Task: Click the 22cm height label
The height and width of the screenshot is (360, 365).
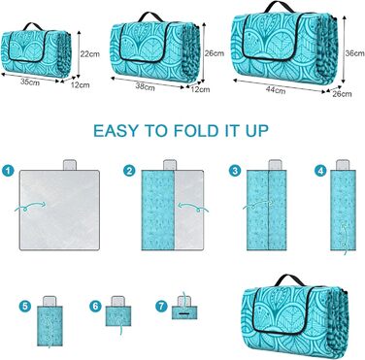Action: coord(90,54)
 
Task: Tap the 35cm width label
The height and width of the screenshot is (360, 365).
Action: coord(30,82)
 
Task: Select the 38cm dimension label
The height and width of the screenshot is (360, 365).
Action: coord(145,86)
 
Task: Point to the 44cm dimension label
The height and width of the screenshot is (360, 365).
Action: coord(276,90)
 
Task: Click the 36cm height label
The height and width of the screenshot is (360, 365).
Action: coord(354,53)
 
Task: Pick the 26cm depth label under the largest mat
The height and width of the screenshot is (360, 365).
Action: coord(342,94)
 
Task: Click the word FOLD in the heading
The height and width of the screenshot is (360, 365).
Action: coord(195,131)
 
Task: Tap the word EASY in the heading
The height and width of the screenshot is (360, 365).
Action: coord(116,131)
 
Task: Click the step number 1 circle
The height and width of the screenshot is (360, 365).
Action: coord(8,171)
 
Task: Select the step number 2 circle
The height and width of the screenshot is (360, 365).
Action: coord(129,171)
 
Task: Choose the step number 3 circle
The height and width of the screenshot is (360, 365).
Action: coord(235,171)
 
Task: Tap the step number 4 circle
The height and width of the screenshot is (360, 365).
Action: coord(320,171)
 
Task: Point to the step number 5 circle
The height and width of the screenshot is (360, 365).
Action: coord(25,306)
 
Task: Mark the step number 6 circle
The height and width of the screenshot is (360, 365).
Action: coord(95,306)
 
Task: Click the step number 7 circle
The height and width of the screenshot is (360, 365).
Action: coord(161,306)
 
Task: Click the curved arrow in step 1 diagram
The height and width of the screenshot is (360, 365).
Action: coord(30,207)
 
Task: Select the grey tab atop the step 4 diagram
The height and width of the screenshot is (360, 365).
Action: coord(343,165)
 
